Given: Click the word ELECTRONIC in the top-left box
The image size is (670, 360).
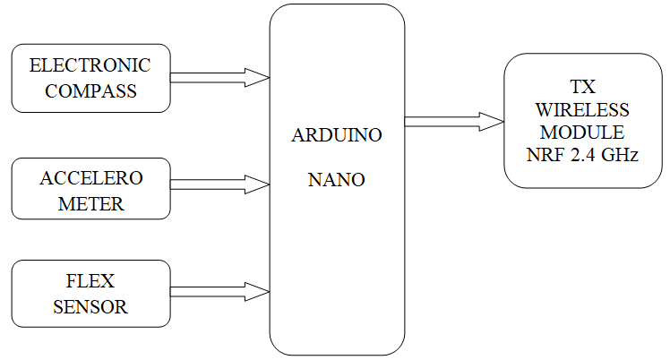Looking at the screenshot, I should point(90,65).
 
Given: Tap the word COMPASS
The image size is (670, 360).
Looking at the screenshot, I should point(90,90).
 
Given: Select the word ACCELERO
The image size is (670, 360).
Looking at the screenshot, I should point(90,177).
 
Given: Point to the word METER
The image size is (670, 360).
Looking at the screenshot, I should point(90,203).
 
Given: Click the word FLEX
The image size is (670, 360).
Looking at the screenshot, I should point(90,281).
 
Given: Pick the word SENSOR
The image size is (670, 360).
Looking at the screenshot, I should point(90,306).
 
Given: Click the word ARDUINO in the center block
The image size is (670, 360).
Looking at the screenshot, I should point(337,136).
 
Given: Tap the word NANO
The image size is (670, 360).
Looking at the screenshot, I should point(337,179).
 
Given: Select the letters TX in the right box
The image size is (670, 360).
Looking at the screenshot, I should point(583,87).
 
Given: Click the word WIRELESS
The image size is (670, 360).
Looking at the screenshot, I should point(583,110).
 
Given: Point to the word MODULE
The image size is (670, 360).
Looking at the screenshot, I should point(583,133).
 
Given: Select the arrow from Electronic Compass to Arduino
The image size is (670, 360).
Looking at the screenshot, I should point(219,78).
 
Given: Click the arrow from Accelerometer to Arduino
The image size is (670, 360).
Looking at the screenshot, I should point(219,184).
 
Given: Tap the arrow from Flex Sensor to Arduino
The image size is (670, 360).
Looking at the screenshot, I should point(219,291).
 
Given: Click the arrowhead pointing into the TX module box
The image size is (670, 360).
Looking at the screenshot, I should point(492,122).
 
